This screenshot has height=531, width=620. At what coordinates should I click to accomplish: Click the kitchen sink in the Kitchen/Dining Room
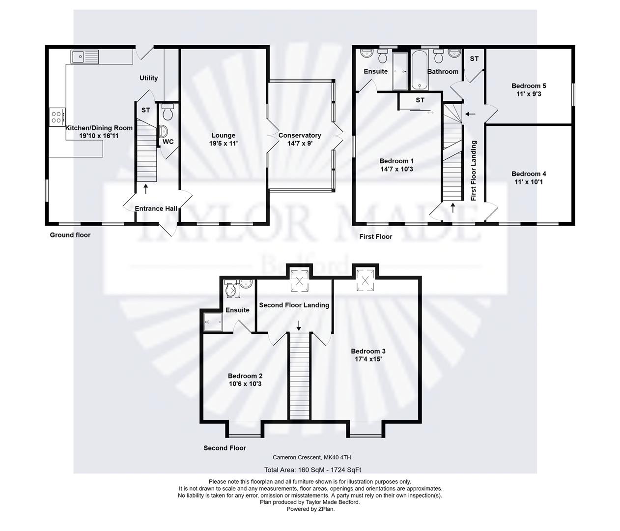coord(85,57)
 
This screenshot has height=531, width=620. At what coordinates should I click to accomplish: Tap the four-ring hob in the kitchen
coord(56,117)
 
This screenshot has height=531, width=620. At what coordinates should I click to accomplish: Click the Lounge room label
coord(223,135)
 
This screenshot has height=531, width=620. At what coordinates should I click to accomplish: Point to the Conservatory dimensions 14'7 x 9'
coord(300,144)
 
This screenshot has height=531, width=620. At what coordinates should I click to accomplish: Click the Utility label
coord(148,78)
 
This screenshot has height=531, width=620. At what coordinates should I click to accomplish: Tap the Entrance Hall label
coord(156,208)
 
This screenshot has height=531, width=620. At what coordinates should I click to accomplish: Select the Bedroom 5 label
coord(528,86)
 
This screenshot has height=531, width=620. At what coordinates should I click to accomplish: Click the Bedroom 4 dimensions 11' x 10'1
coord(529,182)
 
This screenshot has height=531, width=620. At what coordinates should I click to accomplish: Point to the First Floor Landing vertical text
coord(474,171)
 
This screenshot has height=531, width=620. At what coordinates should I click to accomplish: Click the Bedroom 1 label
coord(396,161)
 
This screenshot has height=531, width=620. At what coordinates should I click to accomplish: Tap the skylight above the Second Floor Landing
coord(299,281)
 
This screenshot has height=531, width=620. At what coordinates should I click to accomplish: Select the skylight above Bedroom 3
coord(366,279)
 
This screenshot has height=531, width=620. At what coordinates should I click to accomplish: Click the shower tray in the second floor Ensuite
coord(214,323)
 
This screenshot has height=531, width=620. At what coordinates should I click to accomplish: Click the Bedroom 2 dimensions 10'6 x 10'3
coord(245,384)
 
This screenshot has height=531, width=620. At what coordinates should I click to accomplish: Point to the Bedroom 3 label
coord(368,351)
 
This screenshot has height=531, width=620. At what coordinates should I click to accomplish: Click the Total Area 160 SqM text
coord(312,470)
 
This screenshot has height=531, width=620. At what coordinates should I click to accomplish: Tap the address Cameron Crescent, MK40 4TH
coord(312,457)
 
